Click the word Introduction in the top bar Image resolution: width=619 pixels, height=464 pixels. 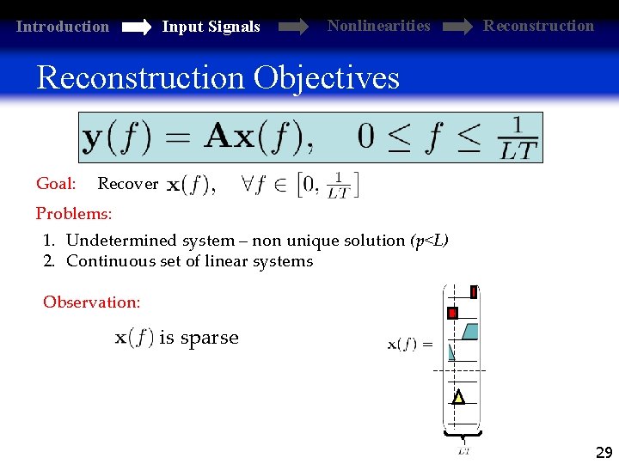click(63, 27)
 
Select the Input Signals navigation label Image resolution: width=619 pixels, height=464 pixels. click(211, 27)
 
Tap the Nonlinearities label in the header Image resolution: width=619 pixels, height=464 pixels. click(378, 26)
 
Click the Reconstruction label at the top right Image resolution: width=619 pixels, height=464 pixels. click(538, 26)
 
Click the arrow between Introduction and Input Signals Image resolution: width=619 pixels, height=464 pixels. click(136, 27)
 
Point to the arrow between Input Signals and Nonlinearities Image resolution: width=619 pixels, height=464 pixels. click(292, 27)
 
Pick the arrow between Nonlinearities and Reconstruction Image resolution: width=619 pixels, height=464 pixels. click(457, 27)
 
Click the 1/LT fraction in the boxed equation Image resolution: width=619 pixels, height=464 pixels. click(518, 138)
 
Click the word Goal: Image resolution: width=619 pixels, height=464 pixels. click(56, 183)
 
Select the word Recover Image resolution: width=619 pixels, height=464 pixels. click(127, 184)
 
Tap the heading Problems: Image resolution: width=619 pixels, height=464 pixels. click(74, 213)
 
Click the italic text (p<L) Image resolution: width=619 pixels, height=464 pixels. click(429, 241)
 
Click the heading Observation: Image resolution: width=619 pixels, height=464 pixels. click(91, 302)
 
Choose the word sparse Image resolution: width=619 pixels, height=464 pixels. click(210, 338)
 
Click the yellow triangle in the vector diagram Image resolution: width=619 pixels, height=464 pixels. click(458, 398)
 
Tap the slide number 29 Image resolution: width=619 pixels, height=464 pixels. click(604, 453)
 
